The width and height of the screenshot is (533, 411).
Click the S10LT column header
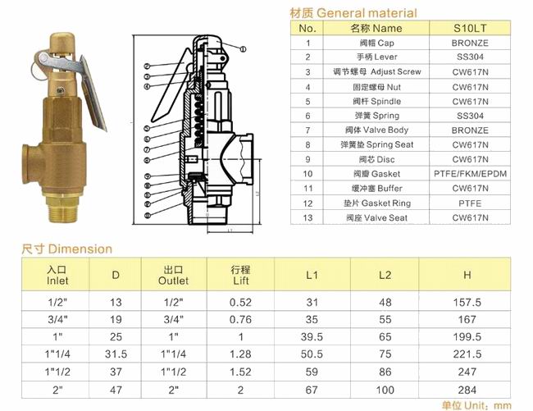coord(470,28)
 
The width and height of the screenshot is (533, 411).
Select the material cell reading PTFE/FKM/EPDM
coord(470,174)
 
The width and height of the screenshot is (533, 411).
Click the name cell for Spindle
coord(376,101)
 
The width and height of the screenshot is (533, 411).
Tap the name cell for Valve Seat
coord(376,217)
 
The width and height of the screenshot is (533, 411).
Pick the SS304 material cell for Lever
coord(470,57)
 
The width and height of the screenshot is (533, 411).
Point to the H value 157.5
coord(467,302)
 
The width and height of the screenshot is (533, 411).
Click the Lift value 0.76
coord(240,320)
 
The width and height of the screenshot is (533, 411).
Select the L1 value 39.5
coord(312,337)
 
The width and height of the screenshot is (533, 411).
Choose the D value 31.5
coord(116,354)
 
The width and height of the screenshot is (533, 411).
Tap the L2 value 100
coord(385,390)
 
